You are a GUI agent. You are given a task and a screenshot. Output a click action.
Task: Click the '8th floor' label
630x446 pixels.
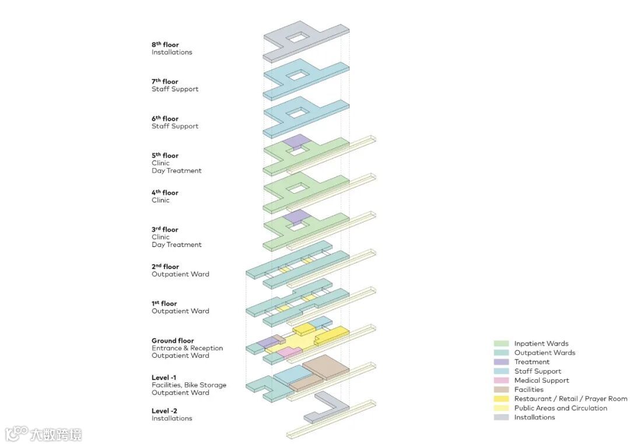(165, 44)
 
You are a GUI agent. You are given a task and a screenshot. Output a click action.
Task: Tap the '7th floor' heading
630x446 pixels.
(165, 82)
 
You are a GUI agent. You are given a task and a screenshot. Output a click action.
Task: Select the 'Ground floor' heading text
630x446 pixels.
(173, 341)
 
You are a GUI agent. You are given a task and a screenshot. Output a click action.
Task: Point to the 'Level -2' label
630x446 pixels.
(164, 411)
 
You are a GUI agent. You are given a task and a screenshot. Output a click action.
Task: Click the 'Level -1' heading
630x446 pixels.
(164, 378)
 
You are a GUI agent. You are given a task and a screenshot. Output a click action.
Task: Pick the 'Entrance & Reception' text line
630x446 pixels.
(187, 349)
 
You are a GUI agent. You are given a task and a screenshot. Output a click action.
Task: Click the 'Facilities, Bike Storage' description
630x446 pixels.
(189, 385)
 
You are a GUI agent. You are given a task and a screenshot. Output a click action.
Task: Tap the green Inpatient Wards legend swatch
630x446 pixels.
(501, 344)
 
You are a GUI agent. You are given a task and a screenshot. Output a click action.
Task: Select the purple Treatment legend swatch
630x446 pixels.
(501, 362)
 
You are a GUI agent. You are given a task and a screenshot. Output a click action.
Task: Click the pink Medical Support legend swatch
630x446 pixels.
(501, 381)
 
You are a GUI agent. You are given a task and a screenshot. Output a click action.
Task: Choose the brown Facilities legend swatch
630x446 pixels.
(501, 389)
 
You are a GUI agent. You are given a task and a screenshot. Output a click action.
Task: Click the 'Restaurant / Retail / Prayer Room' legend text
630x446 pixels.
(570, 399)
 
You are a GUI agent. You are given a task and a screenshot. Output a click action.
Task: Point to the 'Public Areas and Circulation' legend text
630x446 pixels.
(561, 408)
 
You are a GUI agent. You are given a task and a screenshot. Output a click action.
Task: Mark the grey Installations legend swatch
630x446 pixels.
(501, 417)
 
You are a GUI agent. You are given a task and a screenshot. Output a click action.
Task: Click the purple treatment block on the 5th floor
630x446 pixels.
(295, 141)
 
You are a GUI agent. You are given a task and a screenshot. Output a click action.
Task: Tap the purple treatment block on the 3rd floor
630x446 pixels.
(295, 216)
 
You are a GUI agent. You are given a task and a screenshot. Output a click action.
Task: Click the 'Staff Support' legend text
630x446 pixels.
(537, 371)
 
